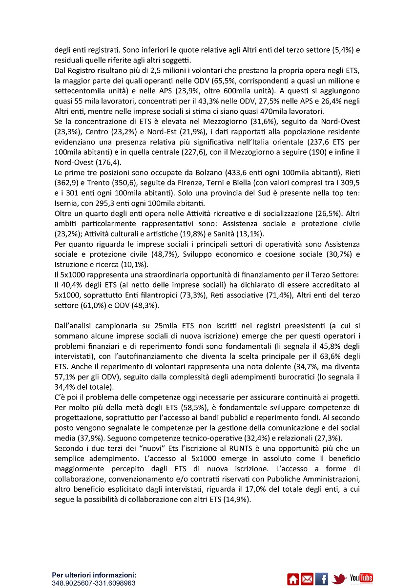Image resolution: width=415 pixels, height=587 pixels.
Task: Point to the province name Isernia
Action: [66, 204]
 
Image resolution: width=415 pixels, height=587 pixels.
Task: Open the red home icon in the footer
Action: [293, 579]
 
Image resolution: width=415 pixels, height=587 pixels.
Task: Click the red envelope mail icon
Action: [307, 579]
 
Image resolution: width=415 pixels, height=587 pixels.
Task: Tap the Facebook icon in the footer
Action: [322, 579]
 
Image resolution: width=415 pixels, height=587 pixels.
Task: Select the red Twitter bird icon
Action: [339, 579]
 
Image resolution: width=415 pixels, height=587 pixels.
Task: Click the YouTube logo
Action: [362, 579]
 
